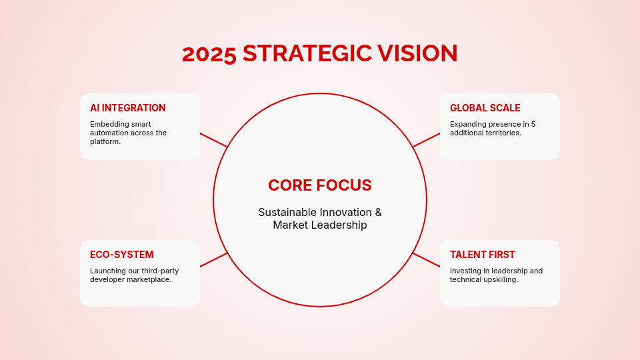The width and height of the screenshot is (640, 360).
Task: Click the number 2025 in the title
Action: (x=209, y=54)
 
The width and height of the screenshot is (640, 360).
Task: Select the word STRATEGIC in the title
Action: (x=307, y=54)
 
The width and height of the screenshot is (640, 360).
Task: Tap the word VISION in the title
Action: (x=418, y=54)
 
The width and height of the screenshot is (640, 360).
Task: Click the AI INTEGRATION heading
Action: (x=128, y=108)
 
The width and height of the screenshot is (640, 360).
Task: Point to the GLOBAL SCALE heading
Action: (x=485, y=108)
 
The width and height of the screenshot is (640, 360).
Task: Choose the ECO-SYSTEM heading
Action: (x=122, y=255)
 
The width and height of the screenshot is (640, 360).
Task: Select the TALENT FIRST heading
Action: (x=483, y=255)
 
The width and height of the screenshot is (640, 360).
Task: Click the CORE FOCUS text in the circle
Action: (x=320, y=185)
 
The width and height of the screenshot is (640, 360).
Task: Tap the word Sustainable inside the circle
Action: (x=287, y=213)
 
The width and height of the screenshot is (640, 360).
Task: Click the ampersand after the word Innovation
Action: (x=378, y=213)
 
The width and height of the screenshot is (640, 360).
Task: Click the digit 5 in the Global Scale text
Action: (x=533, y=124)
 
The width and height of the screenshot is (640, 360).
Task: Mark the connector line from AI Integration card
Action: (x=213, y=140)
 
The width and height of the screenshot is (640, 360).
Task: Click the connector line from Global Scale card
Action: (x=427, y=140)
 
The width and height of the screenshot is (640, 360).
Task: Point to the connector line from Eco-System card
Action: (x=213, y=260)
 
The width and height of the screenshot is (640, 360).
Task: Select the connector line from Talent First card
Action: (x=427, y=260)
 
